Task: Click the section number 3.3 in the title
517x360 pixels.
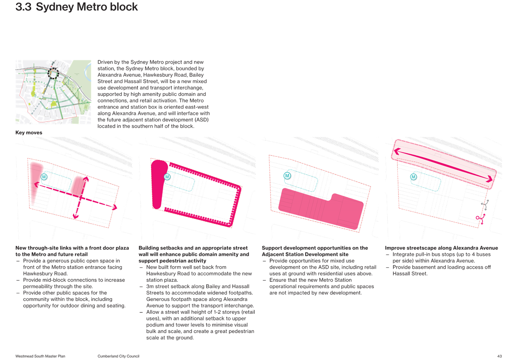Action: pos(23,7)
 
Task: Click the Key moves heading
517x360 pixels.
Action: pos(29,133)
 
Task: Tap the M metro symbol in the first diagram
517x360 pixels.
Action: pos(44,177)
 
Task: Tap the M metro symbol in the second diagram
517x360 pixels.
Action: pos(167,177)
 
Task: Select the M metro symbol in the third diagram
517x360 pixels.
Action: pos(287,176)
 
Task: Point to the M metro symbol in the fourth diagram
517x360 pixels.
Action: pos(413,177)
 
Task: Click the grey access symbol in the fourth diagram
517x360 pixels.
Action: pos(485,205)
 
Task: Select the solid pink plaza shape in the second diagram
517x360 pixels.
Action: pos(159,184)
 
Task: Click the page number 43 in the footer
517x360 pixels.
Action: pos(499,356)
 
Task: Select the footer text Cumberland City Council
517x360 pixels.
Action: pos(119,356)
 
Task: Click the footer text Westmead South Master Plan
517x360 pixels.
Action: pos(40,356)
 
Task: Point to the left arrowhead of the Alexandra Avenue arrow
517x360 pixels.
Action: pos(397,151)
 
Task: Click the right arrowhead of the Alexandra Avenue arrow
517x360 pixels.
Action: pos(489,179)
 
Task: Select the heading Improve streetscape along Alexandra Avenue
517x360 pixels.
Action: pos(441,248)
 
